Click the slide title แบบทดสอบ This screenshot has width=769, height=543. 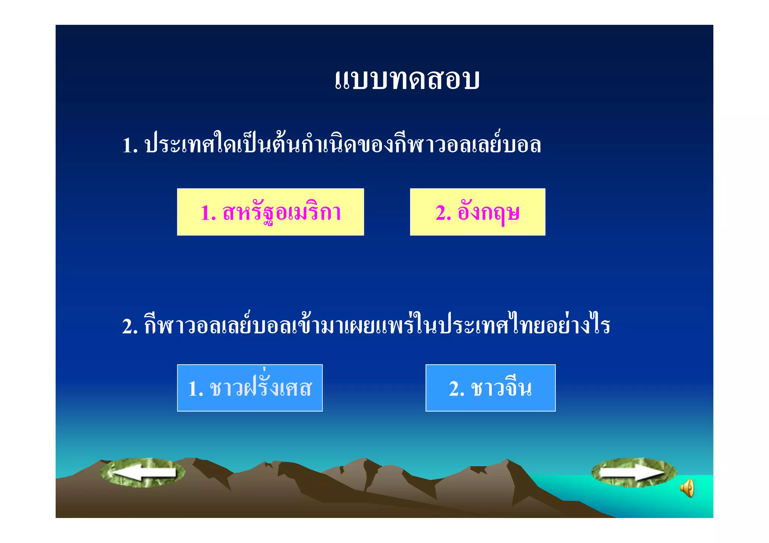point(407,80)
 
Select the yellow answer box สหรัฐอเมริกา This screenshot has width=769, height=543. point(270,212)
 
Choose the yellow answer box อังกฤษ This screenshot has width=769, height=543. point(477,212)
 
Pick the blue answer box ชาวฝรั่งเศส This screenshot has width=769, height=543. point(250,388)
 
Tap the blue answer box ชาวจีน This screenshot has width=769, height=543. point(490,388)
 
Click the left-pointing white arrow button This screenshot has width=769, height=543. point(143,473)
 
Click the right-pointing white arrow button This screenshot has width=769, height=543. point(634,472)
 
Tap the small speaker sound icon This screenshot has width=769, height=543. point(688,488)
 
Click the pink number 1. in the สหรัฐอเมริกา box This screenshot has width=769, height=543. point(208,213)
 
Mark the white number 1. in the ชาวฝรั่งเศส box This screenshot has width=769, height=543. point(195,389)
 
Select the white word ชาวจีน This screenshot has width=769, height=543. point(502,388)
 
